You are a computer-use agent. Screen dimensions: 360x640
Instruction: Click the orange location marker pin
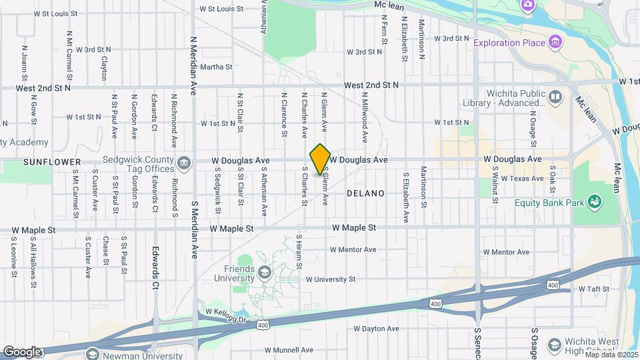coord(321,159)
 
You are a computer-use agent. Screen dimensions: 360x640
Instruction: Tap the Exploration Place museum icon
coord(555,43)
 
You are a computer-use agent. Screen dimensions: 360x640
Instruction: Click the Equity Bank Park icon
coord(595,202)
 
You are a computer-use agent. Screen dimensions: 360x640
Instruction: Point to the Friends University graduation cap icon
coord(265,273)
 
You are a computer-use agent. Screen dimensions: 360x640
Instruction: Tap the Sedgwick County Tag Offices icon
coord(183,161)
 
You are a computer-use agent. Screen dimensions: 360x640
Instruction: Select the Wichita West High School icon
coord(554,344)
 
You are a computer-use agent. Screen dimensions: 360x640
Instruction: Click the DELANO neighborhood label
coord(366,193)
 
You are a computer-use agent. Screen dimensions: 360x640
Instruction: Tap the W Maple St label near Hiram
coord(354,227)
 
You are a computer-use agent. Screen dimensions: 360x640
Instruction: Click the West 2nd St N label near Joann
coord(43,87)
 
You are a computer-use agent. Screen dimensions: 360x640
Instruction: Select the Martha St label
coord(216,67)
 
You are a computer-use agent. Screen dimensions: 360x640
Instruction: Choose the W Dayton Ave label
coord(376,329)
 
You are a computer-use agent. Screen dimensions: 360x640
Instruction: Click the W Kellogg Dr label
coord(227,311)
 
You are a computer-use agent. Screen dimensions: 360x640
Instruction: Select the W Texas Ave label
coord(523,178)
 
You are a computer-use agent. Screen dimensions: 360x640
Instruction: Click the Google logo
coord(22,351)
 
